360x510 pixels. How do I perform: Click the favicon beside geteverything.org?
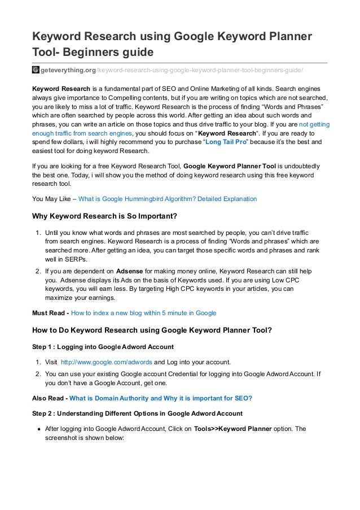[35, 70]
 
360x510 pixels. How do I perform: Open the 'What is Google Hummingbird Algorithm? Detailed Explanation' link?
[167, 199]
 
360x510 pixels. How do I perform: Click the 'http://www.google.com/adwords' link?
[106, 362]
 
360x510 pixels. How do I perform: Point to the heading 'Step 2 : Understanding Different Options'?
[137, 413]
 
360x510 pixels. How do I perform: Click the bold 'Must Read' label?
[50, 312]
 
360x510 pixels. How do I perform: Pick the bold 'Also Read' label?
[49, 398]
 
